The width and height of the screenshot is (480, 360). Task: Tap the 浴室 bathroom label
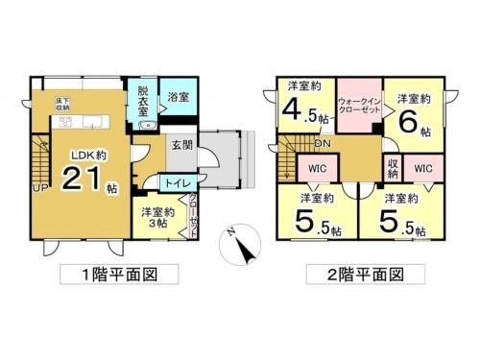(x=176, y=98)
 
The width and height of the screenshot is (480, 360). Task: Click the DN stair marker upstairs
(x=325, y=145)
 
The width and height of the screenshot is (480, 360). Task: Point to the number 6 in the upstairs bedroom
(x=408, y=123)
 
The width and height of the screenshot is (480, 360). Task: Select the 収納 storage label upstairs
(x=392, y=168)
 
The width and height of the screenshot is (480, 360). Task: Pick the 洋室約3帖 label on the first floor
(x=156, y=217)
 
